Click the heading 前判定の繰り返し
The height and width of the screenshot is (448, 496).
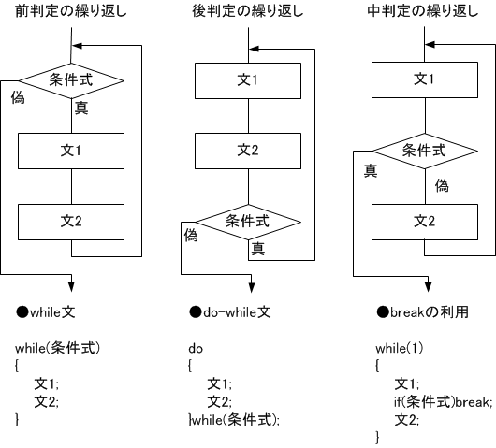pos(71,11)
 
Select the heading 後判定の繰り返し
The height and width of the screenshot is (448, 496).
pos(248,11)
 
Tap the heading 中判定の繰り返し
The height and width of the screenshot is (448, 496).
pos(423,11)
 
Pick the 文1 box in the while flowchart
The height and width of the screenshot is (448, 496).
pos(71,151)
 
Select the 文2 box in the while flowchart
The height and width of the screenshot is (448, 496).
pos(71,222)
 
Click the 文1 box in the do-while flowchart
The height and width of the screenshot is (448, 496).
pos(248,80)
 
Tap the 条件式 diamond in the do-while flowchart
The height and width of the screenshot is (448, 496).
pos(248,222)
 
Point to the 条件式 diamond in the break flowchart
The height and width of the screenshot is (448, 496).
pos(425,151)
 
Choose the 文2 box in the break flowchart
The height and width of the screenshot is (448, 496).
pos(425,222)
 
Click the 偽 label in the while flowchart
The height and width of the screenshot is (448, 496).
pos(18,97)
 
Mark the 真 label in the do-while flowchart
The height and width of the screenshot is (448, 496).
pos(258,249)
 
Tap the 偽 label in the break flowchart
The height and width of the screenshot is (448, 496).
pos(442,185)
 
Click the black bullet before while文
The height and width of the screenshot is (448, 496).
pos(22,312)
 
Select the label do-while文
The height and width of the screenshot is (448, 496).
pos(237,312)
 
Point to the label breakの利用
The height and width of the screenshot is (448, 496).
pos(430,312)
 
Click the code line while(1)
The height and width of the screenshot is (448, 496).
pos(400,349)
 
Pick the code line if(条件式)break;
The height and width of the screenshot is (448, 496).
pos(444,402)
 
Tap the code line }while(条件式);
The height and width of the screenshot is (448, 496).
pos(234,420)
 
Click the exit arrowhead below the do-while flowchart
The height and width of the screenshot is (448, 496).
pos(252,287)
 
